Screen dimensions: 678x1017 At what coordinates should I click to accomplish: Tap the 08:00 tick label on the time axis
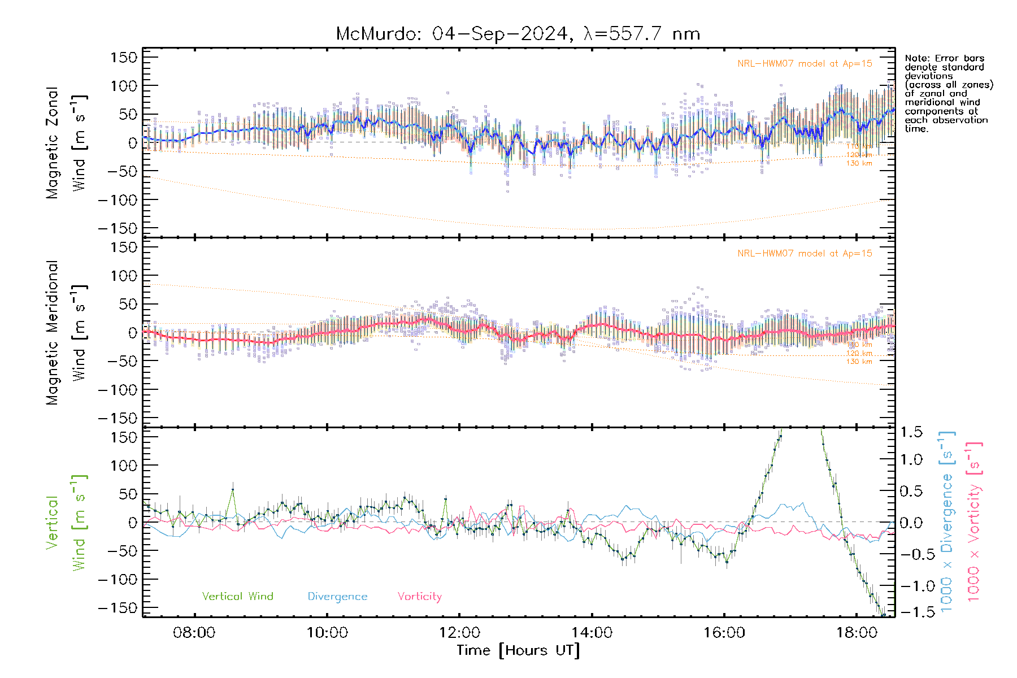coord(194,632)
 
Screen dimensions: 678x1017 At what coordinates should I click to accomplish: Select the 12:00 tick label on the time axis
coord(459,632)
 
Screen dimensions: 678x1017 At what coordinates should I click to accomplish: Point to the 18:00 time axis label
coord(857,632)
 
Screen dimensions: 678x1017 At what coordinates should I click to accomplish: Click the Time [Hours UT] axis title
coord(518,650)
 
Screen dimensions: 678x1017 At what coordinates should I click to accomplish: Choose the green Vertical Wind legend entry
coord(237,597)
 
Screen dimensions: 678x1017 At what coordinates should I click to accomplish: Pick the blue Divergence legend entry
coord(337,597)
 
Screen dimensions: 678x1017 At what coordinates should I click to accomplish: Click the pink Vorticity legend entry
coord(419,597)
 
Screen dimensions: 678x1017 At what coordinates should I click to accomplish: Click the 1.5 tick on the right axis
coord(911,432)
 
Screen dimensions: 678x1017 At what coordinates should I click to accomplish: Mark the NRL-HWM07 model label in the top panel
coord(805,64)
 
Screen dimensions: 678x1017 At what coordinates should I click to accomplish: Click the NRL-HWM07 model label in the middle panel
coord(805,254)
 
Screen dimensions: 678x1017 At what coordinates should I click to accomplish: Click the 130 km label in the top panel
coord(859,163)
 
